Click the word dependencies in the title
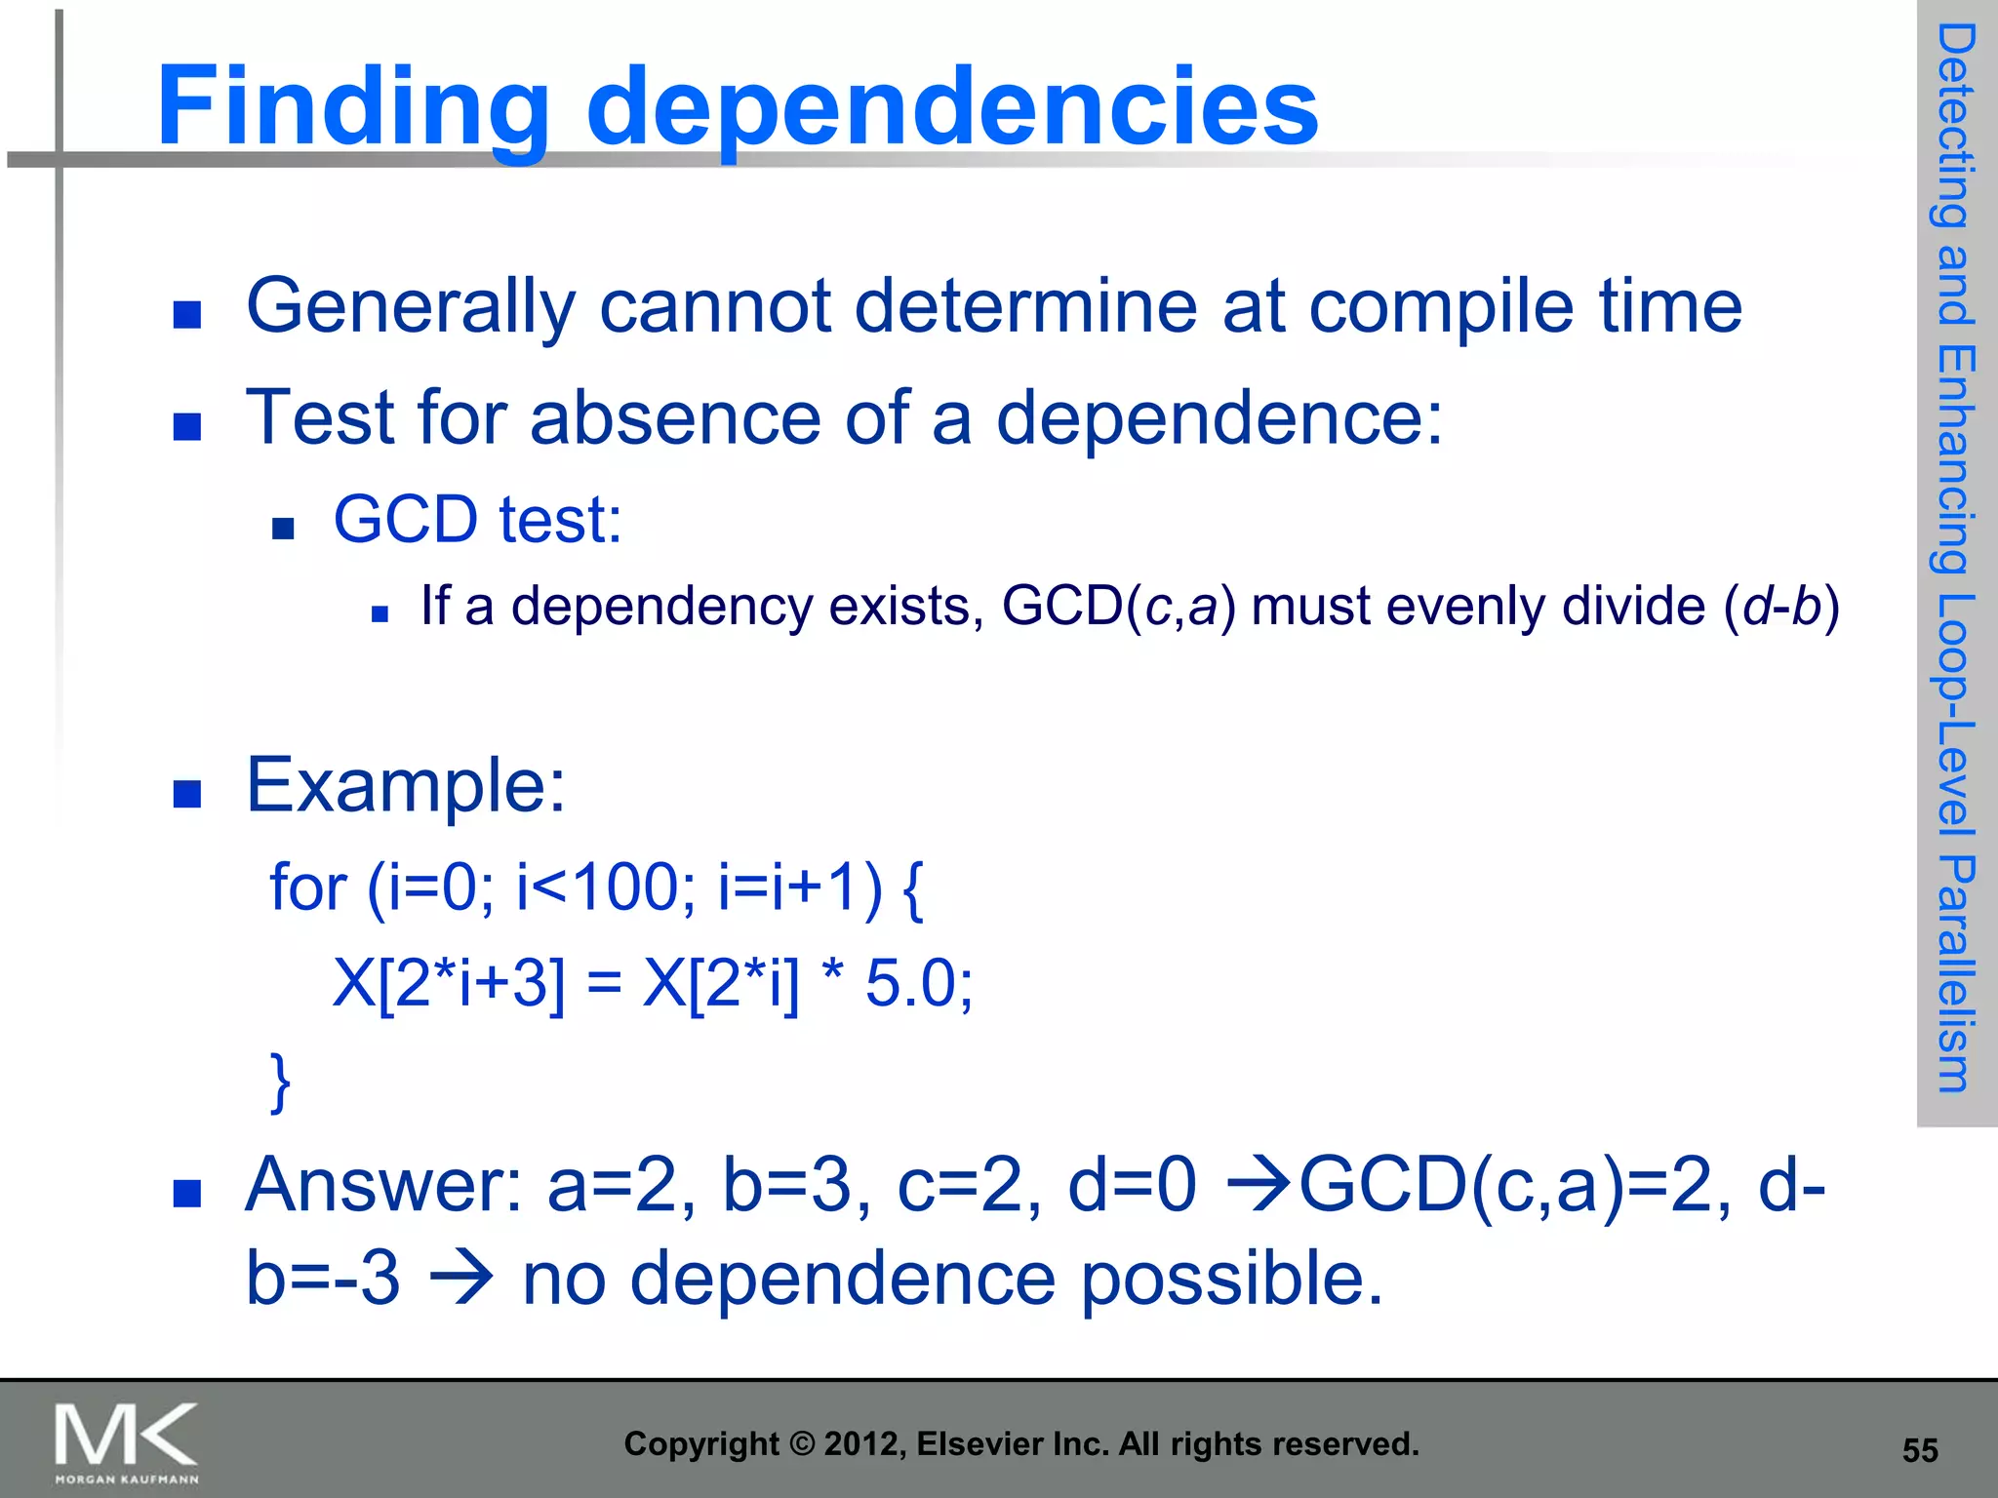click(x=951, y=107)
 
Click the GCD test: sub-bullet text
click(x=477, y=520)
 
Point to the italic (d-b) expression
click(x=1781, y=607)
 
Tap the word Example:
click(x=405, y=785)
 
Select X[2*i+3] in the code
click(x=448, y=982)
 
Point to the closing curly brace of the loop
click(x=280, y=1081)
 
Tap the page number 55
click(x=1919, y=1450)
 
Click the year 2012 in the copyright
click(x=854, y=1444)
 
